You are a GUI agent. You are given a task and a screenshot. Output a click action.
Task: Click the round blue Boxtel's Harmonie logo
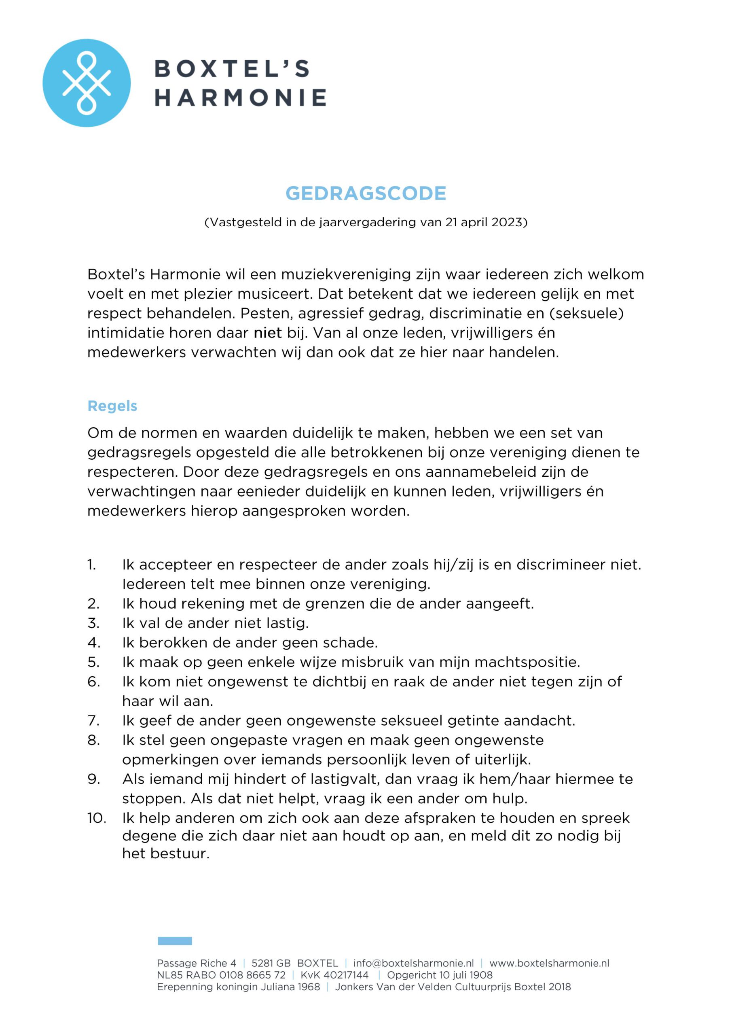click(x=87, y=83)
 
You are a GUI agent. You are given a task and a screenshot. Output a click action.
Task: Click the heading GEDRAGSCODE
click(x=366, y=193)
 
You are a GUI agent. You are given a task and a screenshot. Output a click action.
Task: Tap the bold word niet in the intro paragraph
click(x=267, y=333)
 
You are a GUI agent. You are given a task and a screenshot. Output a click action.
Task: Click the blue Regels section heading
click(x=112, y=406)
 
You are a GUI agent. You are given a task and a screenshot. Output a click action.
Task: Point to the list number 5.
click(x=93, y=662)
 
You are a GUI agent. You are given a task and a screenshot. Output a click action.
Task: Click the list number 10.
click(x=97, y=818)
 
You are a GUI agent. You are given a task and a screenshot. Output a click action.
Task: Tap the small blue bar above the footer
click(x=175, y=941)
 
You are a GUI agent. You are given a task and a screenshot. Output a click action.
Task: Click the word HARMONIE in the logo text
click(x=240, y=98)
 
